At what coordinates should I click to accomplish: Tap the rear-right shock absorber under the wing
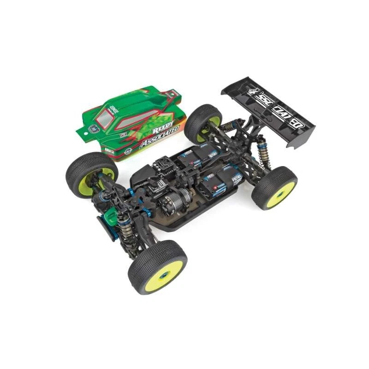pos(264,152)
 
